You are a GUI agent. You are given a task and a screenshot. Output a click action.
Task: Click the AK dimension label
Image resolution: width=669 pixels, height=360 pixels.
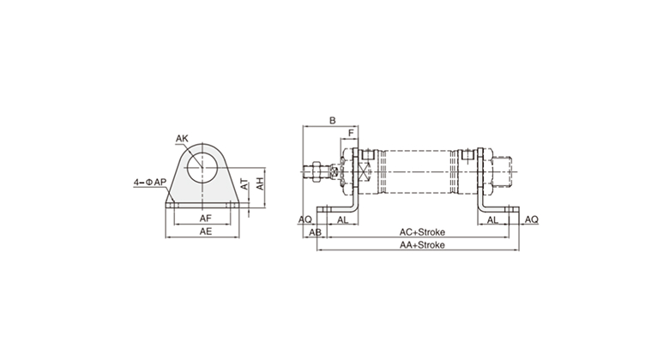coord(182,139)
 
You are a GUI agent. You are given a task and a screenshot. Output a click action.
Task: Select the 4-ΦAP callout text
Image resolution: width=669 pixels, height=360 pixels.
coord(150,182)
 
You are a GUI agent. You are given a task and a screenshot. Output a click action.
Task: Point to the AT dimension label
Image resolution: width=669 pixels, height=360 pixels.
coord(244,184)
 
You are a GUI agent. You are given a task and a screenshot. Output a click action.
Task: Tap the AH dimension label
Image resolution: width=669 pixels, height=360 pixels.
coord(260,183)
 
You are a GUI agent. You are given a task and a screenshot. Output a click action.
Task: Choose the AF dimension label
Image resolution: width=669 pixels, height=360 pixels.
coord(206,219)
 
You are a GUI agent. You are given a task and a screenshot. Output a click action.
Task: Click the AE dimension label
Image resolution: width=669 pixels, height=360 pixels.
coord(206,231)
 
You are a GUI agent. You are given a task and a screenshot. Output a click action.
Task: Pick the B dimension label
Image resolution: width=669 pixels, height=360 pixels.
coord(333,121)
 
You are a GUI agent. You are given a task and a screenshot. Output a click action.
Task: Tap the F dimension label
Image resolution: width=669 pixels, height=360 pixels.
coord(351,133)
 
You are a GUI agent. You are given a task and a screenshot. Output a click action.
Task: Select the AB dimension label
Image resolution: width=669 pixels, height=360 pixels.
coord(316,232)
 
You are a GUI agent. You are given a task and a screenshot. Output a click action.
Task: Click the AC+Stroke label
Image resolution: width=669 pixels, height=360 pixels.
coord(422,232)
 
